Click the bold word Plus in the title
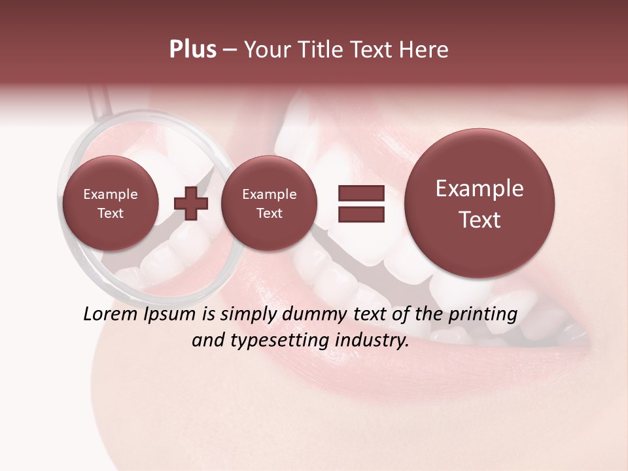[x=192, y=50]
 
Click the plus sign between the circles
[x=191, y=203]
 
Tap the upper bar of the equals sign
[x=361, y=193]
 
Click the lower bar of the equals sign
[x=361, y=215]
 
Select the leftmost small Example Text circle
[x=110, y=203]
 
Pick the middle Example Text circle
[x=269, y=203]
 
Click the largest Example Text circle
[x=480, y=203]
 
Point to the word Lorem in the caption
[x=111, y=314]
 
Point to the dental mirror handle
[x=98, y=102]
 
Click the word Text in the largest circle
[x=480, y=220]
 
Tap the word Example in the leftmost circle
[x=110, y=194]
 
